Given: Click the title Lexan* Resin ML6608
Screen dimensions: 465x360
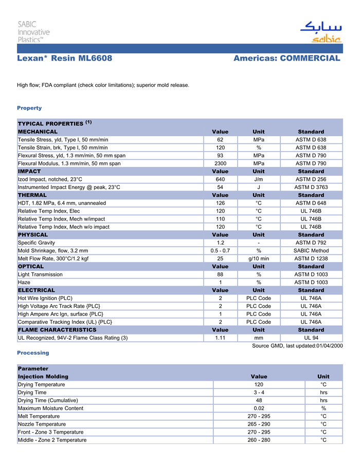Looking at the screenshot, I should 65,58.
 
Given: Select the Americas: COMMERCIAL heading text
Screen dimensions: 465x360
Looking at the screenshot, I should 286,58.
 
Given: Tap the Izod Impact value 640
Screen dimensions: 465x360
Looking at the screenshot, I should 220,179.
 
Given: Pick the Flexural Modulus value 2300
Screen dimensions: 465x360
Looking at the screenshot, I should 220,163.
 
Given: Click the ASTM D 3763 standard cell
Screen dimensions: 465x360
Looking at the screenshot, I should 311,187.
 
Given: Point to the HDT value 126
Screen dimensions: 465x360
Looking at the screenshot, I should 220,203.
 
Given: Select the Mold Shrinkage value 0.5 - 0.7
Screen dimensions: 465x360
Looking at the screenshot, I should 220,251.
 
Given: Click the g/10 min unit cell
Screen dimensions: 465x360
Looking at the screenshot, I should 259,258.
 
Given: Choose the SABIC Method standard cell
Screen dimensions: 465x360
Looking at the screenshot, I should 311,251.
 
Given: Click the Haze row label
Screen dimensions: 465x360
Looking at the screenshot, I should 24,283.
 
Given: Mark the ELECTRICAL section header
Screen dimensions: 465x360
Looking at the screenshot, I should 37,290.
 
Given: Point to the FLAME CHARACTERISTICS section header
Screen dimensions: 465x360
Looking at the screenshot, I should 57,330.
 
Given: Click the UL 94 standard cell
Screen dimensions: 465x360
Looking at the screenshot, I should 311,338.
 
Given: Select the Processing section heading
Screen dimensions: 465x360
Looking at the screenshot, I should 33,353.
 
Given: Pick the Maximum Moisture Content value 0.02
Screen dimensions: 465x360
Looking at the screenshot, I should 259,408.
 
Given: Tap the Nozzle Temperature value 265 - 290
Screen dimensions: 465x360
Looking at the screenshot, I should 259,424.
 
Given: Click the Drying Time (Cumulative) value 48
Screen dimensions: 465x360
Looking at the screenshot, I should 259,400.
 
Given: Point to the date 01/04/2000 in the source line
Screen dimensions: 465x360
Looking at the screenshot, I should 329,346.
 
